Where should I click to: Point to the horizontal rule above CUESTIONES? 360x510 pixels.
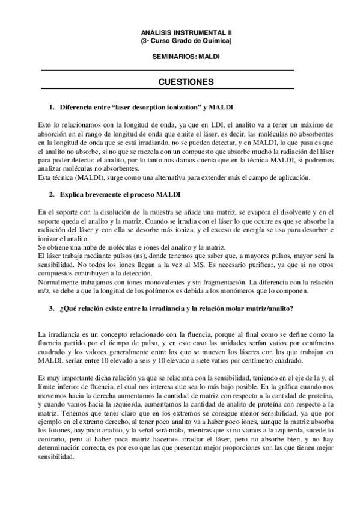click(x=166, y=71)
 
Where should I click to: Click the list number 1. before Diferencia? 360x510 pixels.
click(x=52, y=107)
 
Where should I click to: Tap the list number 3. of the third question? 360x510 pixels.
click(x=52, y=309)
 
